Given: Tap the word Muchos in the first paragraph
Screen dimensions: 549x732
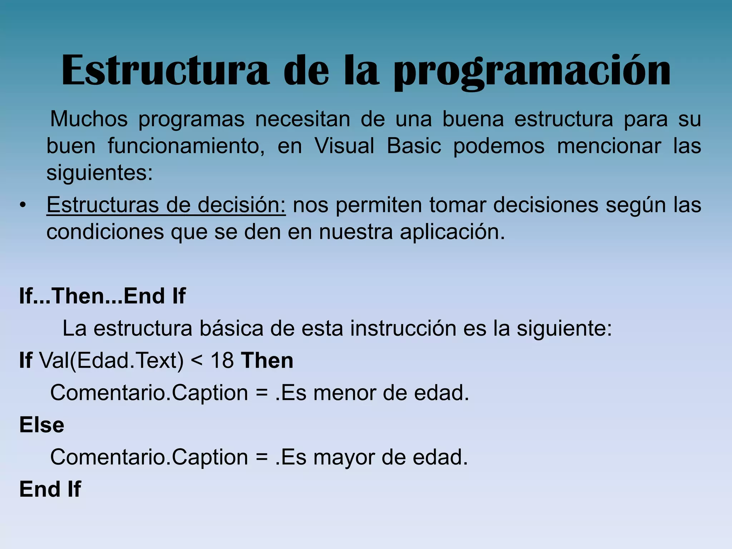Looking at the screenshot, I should [x=89, y=119].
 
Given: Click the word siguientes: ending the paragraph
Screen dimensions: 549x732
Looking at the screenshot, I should [x=100, y=173].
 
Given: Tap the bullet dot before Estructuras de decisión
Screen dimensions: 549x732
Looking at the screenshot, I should [x=23, y=206].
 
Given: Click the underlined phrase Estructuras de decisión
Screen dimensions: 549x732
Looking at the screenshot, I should [x=166, y=205].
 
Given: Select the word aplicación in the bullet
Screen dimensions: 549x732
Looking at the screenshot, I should [x=452, y=232].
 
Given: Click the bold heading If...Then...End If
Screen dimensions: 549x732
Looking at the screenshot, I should [x=102, y=296].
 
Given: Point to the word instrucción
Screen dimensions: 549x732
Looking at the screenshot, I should [x=403, y=328].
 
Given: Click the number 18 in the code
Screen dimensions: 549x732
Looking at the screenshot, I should [x=222, y=360].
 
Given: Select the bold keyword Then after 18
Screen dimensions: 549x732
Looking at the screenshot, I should [x=267, y=360].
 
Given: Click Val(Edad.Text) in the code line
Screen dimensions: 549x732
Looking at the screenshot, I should [x=111, y=360].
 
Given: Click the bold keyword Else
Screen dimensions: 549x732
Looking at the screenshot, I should [x=42, y=425].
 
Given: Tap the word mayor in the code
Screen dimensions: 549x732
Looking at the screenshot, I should [x=344, y=457].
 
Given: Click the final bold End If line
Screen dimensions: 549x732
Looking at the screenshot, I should [x=50, y=489].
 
